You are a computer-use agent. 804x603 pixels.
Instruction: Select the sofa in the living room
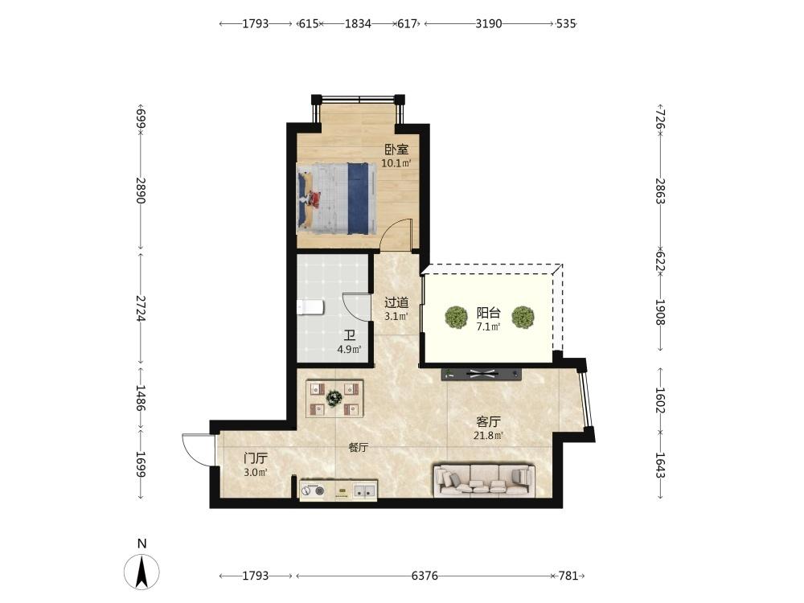point(484,481)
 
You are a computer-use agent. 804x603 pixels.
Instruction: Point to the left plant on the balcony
point(456,317)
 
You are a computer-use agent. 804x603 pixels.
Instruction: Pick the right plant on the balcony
point(523,317)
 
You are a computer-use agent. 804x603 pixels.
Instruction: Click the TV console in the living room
point(482,374)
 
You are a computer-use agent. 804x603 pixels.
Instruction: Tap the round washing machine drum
point(312,490)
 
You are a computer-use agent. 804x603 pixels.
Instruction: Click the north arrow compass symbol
point(142,571)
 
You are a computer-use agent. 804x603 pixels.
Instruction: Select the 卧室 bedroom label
point(396,150)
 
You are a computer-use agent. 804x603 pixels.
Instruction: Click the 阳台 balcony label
point(488,312)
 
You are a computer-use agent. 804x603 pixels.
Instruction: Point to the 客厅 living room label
point(488,422)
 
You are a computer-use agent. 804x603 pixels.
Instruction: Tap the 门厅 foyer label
point(256,458)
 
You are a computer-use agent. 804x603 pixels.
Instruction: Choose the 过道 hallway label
point(396,302)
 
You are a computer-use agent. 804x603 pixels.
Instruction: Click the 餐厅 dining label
point(359,447)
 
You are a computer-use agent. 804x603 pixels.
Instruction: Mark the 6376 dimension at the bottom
point(425,576)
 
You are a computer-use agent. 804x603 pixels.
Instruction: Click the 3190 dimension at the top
point(489,23)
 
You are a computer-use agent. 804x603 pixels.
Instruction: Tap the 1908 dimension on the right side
point(660,312)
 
